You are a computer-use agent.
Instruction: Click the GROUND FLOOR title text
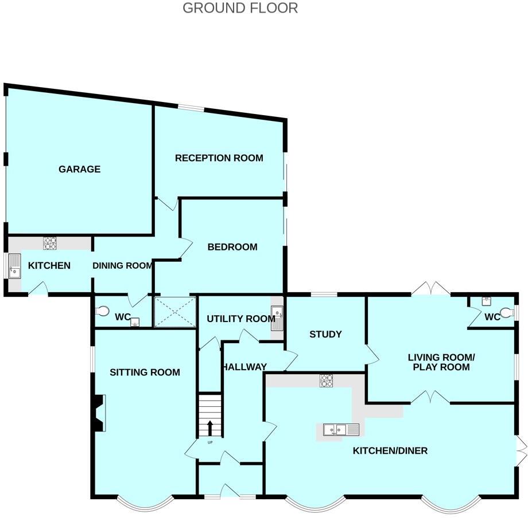[240, 8]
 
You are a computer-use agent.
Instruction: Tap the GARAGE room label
[79, 169]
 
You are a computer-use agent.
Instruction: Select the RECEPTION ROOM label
[219, 158]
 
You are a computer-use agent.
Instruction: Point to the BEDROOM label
[232, 247]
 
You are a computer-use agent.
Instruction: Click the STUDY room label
[325, 334]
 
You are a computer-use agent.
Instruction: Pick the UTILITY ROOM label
[241, 319]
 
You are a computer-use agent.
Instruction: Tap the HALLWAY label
[244, 367]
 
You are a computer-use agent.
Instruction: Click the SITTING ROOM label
[145, 372]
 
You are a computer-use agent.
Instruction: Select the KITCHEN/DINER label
[390, 450]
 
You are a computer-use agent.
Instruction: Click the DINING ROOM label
[122, 265]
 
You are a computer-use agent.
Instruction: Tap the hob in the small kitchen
[51, 243]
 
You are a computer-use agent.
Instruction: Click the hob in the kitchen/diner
[327, 379]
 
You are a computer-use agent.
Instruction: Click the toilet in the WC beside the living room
[506, 313]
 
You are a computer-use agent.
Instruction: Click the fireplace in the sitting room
[98, 413]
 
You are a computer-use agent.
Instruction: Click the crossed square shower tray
[176, 312]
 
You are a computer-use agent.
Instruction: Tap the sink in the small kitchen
[14, 266]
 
